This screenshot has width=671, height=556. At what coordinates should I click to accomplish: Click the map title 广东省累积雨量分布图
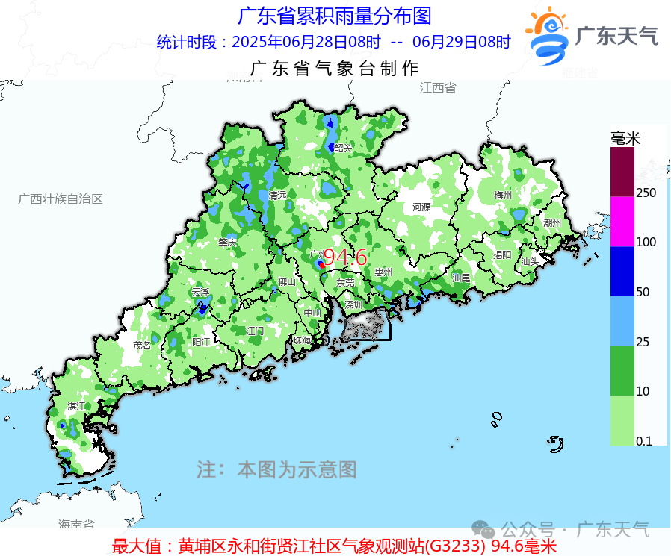pyautogui.click(x=334, y=15)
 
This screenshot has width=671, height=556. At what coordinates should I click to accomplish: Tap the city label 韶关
pyautogui.click(x=343, y=148)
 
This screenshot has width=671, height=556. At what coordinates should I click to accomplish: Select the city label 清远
pyautogui.click(x=278, y=196)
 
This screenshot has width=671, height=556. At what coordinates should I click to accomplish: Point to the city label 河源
pyautogui.click(x=421, y=207)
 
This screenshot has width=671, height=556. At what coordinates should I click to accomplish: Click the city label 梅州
pyautogui.click(x=503, y=196)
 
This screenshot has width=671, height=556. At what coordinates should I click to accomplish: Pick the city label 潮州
pyautogui.click(x=553, y=222)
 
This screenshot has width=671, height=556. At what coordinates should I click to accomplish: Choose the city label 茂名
pyautogui.click(x=142, y=345)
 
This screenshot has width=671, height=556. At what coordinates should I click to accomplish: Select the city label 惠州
pyautogui.click(x=384, y=272)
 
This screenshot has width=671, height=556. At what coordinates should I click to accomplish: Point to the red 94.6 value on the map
pyautogui.click(x=344, y=258)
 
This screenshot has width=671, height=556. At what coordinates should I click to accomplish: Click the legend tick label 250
pyautogui.click(x=646, y=193)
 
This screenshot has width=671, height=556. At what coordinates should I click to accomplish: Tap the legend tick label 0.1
pyautogui.click(x=643, y=441)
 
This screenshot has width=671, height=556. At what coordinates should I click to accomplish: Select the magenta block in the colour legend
pyautogui.click(x=622, y=222)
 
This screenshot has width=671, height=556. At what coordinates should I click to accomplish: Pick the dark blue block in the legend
pyautogui.click(x=622, y=272)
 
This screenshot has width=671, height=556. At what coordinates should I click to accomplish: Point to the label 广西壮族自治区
pyautogui.click(x=60, y=199)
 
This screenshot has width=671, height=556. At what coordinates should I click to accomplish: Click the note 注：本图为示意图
pyautogui.click(x=276, y=469)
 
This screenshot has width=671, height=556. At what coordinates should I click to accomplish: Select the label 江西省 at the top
pyautogui.click(x=437, y=87)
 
